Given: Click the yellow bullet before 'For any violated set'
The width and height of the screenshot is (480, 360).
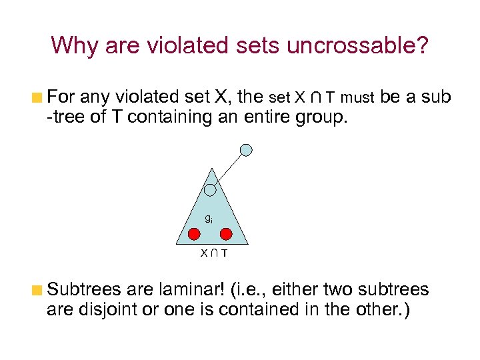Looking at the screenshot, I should tap(39, 97).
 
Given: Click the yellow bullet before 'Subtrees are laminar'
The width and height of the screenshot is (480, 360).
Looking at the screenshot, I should tap(39, 291).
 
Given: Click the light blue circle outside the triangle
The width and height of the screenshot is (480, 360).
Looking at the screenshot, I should tap(246, 150).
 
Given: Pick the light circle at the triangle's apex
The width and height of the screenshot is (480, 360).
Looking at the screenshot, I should tap(210, 191).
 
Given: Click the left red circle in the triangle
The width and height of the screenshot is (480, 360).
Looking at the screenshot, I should tap(193, 233).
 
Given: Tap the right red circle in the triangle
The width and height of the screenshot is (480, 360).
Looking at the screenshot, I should tap(227, 233).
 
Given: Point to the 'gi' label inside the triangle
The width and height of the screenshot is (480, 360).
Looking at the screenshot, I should tap(209, 219).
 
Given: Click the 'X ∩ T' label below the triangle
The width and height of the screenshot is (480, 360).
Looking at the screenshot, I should tap(213, 253).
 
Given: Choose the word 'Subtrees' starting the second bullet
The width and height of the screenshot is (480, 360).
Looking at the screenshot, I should tap(81, 290).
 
